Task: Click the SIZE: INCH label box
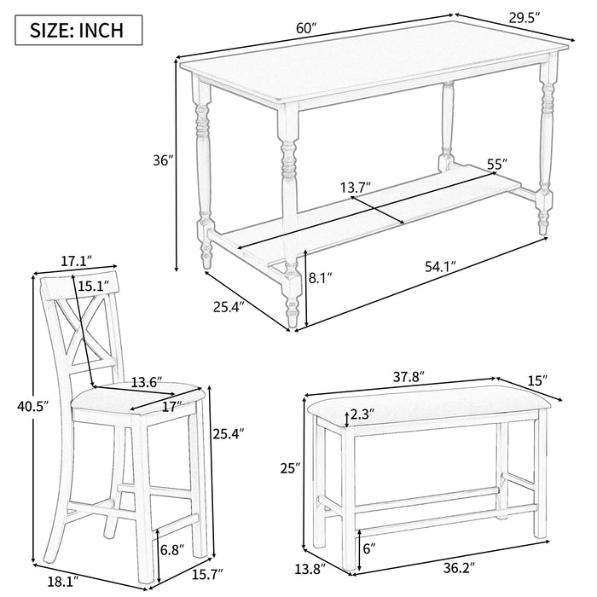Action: coord(78,30)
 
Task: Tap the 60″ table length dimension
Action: coord(306,28)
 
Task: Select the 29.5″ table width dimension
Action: coord(525,18)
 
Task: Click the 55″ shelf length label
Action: coord(497,164)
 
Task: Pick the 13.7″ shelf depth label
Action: coord(356,188)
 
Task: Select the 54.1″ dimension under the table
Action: coord(441,267)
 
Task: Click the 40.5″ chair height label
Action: coord(33,407)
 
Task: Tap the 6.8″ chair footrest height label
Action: coord(172,549)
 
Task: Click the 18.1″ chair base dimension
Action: coord(63,582)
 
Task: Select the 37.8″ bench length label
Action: coord(409,377)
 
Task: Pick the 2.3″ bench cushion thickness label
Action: coord(362,414)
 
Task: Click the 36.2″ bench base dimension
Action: coord(460,569)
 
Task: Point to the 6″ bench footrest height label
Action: coord(369,548)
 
